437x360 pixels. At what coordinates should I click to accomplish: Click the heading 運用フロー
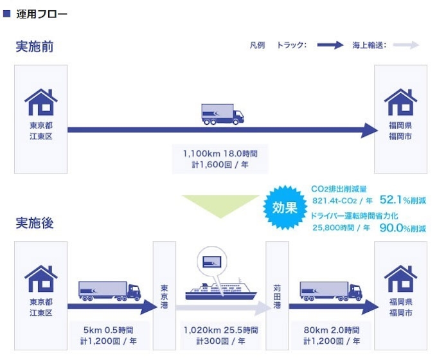[x=42, y=14]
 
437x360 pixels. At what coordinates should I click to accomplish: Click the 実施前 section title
[x=35, y=46]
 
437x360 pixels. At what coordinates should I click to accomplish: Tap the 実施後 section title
[x=35, y=223]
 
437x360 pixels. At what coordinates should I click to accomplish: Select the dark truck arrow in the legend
[x=330, y=45]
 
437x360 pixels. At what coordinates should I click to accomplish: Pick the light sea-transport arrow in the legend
[x=406, y=45]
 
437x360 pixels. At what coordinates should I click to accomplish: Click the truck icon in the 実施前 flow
[x=222, y=114]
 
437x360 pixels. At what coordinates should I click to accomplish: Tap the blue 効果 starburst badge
[x=285, y=208]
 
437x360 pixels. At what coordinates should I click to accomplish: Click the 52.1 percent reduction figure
[x=403, y=200]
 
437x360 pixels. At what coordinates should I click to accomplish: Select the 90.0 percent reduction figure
[x=403, y=228]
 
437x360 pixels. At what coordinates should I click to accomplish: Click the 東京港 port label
[x=164, y=297]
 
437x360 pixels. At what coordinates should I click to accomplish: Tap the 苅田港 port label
[x=277, y=297]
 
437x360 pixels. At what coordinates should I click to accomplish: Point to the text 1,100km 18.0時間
[x=220, y=154]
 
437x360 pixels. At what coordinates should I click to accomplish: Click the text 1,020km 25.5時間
[x=220, y=330]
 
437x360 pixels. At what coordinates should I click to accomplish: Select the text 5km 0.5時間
[x=108, y=330]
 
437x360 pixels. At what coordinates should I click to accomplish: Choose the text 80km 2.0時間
[x=332, y=330]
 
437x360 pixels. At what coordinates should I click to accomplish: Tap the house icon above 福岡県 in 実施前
[x=400, y=102]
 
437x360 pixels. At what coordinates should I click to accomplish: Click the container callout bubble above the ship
[x=212, y=262]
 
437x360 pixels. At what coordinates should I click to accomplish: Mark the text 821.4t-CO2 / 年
[x=343, y=201]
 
